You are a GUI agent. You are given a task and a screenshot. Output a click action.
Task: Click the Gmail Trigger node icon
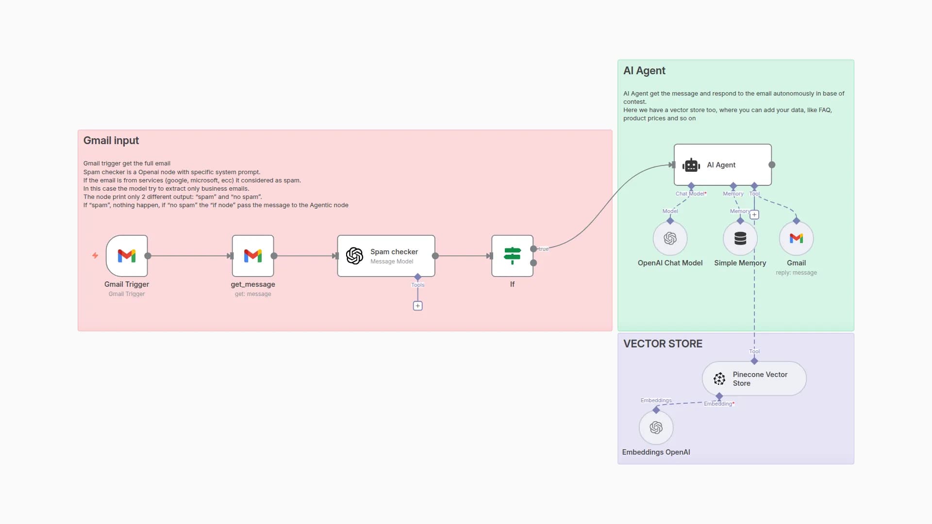[x=127, y=256]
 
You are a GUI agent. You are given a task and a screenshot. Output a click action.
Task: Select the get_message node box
[x=253, y=256]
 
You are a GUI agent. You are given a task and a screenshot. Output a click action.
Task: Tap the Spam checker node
[x=386, y=256]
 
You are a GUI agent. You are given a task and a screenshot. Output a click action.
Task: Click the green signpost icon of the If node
[x=512, y=255]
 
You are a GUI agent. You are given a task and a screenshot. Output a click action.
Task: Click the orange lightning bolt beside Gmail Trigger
[x=95, y=255]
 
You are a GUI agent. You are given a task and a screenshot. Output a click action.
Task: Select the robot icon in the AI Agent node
[x=691, y=165]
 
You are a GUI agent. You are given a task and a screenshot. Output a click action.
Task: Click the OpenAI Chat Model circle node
[x=670, y=238]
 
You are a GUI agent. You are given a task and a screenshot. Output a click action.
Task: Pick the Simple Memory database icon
[x=740, y=238]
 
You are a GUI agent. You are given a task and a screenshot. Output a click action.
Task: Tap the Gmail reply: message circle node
[x=796, y=238]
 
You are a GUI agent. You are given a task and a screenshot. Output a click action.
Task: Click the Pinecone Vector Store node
[x=754, y=378]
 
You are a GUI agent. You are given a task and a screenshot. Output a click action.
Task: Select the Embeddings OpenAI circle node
[x=656, y=427]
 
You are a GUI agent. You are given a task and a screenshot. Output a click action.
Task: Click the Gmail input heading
[x=111, y=141]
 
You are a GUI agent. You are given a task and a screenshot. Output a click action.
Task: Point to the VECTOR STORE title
[x=663, y=344]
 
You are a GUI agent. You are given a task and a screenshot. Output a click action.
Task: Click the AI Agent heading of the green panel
[x=644, y=71]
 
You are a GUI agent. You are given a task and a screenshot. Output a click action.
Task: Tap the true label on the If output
[x=544, y=249]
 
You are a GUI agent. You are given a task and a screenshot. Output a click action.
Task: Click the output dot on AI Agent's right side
[x=772, y=165]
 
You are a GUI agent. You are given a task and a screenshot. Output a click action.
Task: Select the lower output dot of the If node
[x=533, y=263]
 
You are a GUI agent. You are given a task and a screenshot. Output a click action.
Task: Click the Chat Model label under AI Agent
[x=690, y=194]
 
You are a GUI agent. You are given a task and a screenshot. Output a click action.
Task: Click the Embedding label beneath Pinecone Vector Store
[x=718, y=404]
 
